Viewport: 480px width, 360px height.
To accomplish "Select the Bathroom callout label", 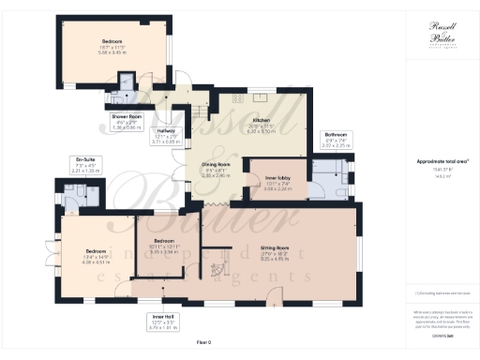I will [x=335, y=140].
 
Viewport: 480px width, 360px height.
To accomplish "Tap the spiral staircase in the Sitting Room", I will [x=217, y=270].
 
